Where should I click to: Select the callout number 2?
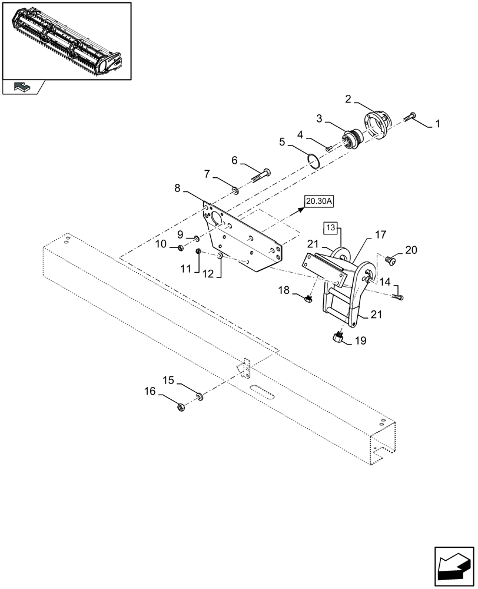[x=348, y=100]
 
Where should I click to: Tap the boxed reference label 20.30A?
[x=319, y=202]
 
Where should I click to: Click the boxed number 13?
[x=331, y=227]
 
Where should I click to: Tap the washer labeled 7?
[x=235, y=190]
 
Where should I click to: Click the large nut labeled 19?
[x=338, y=337]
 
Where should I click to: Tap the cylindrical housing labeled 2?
[x=375, y=124]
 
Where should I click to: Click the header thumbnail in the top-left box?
[x=67, y=40]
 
